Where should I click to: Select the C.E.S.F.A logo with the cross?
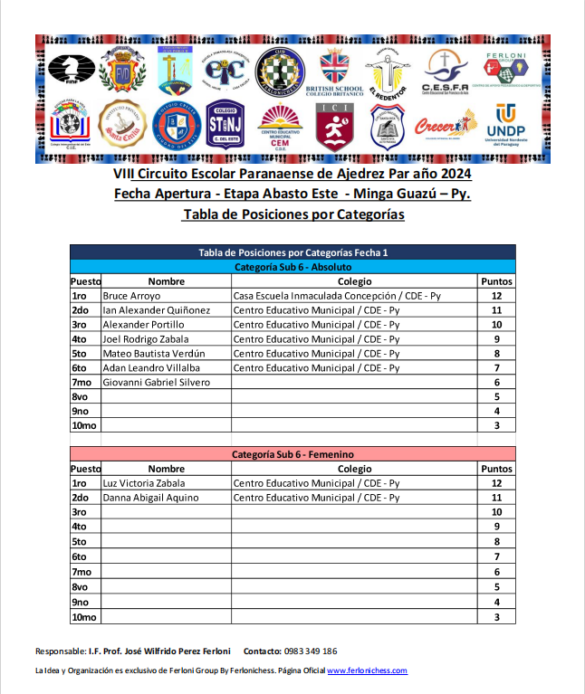pos(444,71)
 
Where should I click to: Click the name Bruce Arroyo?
pos(131,296)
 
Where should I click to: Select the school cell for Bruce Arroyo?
pos(337,296)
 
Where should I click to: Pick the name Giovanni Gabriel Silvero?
pos(156,383)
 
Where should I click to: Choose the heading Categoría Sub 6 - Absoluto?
pos(292,267)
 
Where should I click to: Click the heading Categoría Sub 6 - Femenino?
pos(292,454)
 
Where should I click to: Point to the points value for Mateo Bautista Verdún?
pos(496,354)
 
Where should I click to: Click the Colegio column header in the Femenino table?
pos(354,469)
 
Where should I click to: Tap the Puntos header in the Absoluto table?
pos(496,281)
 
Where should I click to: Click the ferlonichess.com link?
pos(367,670)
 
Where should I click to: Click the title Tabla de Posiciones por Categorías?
pos(292,214)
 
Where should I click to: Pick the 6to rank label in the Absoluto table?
pos(79,368)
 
